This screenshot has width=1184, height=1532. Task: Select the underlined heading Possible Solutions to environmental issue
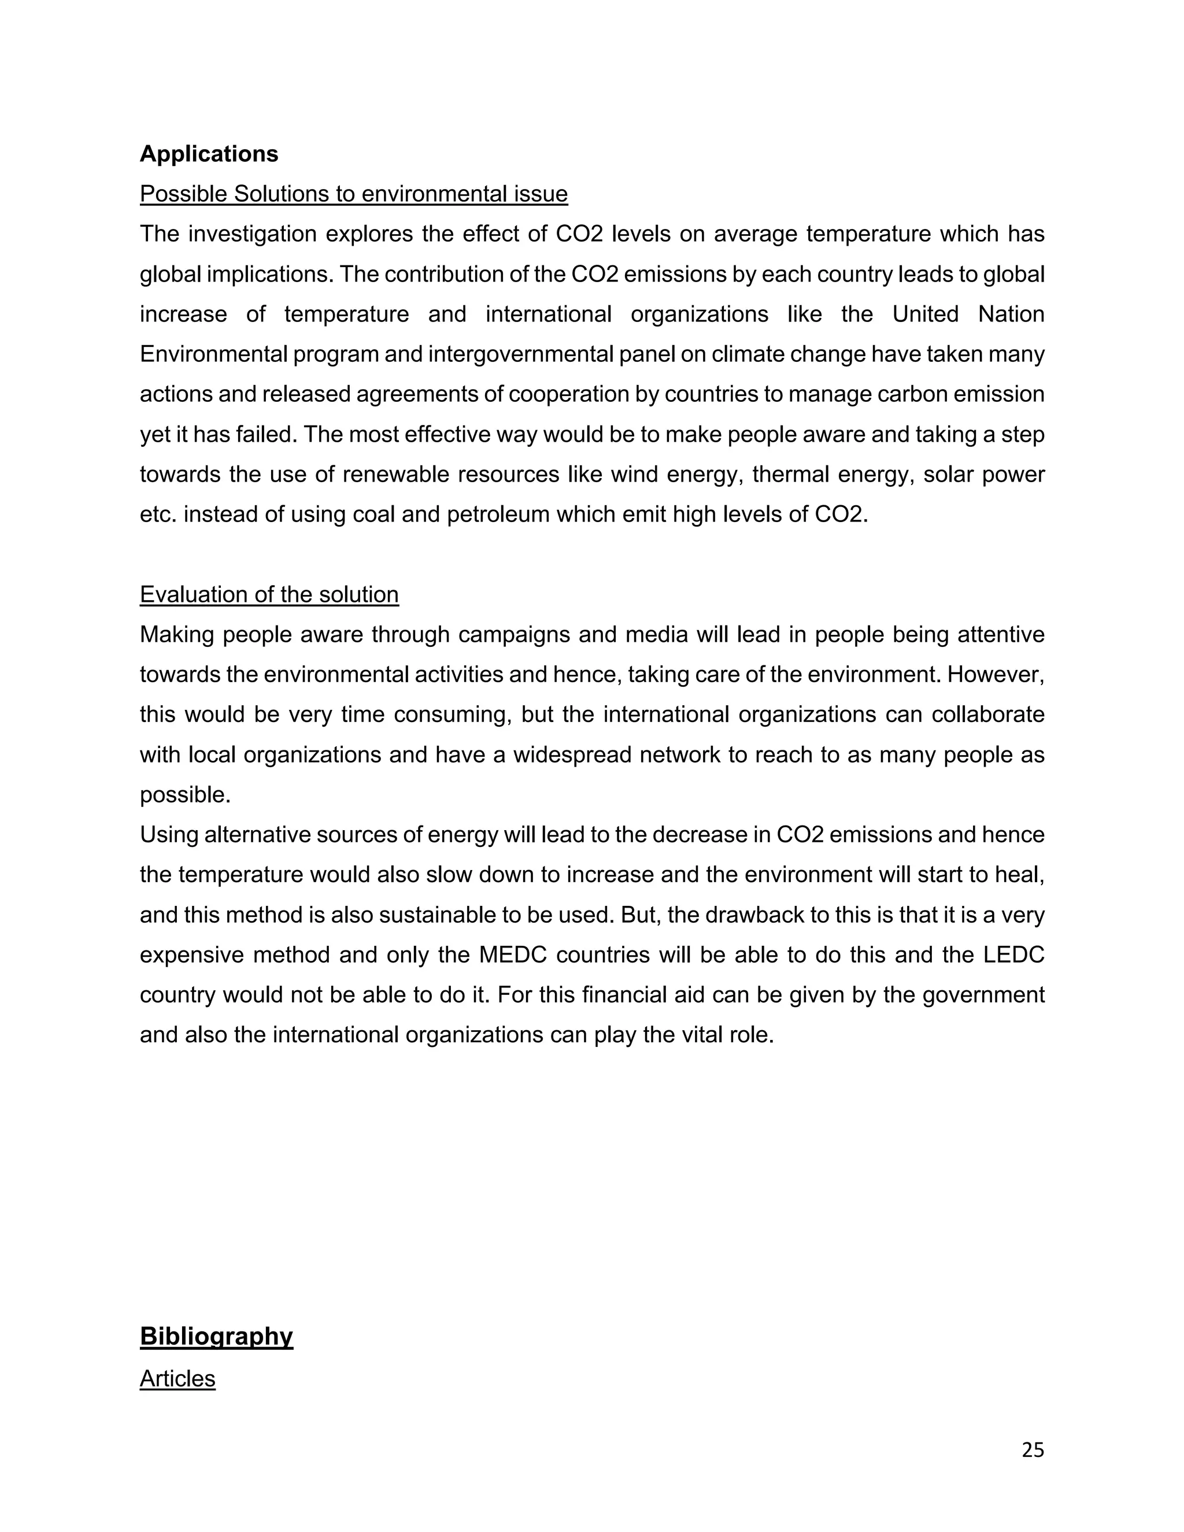(353, 194)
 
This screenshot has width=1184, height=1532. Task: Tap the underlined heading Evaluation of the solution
(269, 594)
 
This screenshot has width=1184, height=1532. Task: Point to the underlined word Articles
(177, 1378)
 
